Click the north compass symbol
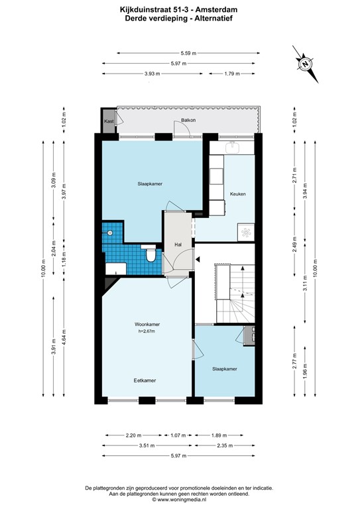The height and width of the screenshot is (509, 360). click(304, 64)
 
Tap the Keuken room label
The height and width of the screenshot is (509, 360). click(238, 194)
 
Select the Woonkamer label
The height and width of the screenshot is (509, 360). click(146, 324)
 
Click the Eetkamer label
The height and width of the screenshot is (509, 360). click(145, 380)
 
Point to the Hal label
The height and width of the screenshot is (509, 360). click(178, 245)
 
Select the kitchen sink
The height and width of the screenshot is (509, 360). click(231, 146)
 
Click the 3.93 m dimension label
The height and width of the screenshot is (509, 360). click(152, 74)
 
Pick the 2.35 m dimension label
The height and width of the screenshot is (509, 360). click(225, 446)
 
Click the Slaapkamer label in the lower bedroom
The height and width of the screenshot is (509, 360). click(225, 368)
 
